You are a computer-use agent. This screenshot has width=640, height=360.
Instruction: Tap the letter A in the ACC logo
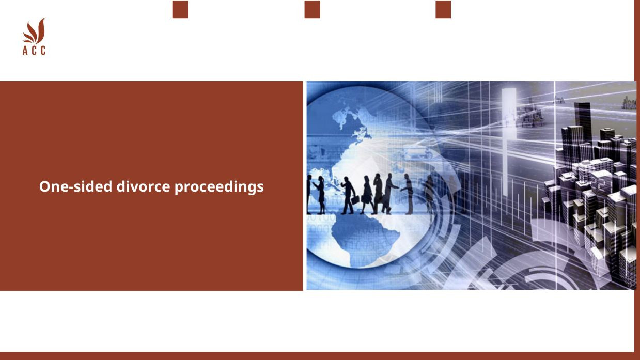[25, 51]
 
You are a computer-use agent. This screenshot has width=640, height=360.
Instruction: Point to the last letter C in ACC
[43, 51]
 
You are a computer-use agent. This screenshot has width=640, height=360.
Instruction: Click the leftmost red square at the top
[180, 9]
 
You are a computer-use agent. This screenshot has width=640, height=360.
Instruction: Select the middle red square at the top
[312, 9]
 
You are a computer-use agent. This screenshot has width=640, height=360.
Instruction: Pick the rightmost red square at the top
[443, 9]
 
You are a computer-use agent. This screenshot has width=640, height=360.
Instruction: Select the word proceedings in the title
[219, 186]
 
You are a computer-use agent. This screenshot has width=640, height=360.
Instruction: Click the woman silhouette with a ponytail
[321, 194]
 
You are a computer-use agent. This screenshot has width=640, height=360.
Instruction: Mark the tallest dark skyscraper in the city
[582, 124]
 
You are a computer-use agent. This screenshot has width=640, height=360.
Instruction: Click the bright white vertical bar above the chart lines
[508, 124]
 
